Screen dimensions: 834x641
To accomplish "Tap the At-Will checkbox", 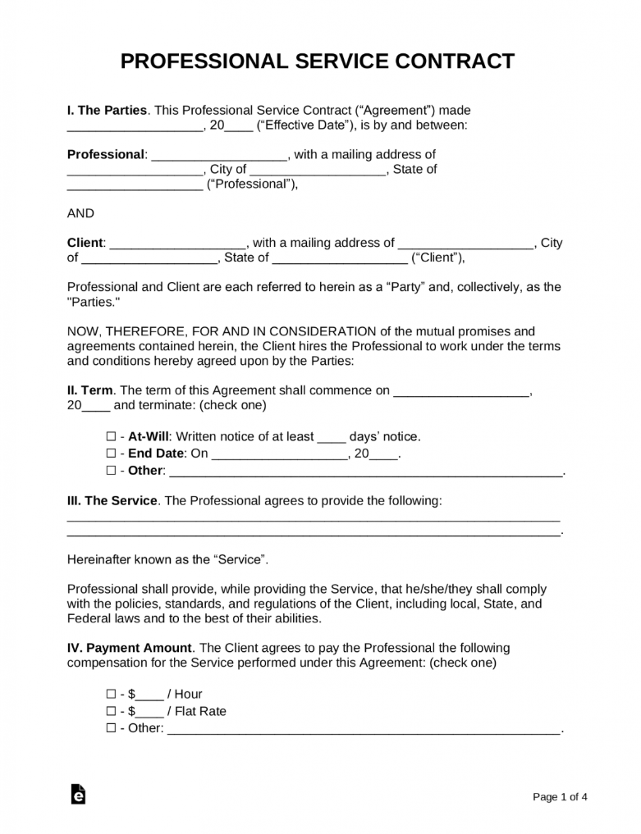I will pos(111,437).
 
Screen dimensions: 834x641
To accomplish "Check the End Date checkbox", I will pos(111,453).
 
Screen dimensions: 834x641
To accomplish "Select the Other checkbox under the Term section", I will pos(111,471).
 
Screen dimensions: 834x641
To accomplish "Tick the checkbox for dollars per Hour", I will pos(111,694).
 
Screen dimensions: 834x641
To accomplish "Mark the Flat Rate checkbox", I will pos(111,711).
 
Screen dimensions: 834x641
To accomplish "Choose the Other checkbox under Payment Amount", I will pos(111,728).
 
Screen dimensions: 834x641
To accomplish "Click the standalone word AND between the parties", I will pos(80,213).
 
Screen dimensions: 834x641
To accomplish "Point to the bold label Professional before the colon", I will pos(105,154).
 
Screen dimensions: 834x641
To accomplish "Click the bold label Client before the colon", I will pos(85,243).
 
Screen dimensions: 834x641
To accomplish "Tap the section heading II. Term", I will pos(90,391).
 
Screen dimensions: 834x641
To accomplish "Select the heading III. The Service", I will pos(112,500).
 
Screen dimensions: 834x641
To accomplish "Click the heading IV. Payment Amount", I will pos(129,647).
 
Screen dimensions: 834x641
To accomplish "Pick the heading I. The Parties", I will pos(107,110).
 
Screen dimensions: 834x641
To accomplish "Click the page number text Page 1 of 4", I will pos(561,796).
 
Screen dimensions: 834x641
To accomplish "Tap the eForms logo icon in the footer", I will pos(78,795).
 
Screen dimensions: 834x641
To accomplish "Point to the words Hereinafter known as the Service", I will pos(167,559).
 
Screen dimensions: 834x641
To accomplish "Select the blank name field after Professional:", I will pos(219,155).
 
